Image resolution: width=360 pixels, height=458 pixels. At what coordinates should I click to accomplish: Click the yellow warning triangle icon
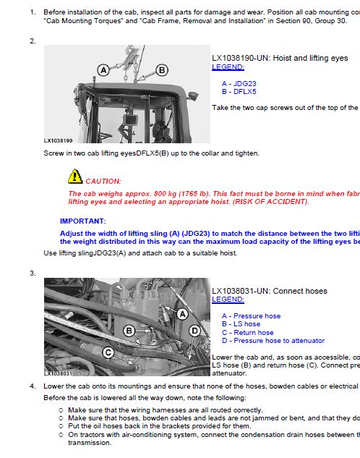pyautogui.click(x=75, y=176)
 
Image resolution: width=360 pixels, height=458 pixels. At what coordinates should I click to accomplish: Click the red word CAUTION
pyautogui.click(x=103, y=181)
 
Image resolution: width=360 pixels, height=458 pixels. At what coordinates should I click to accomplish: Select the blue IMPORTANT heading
pyautogui.click(x=82, y=221)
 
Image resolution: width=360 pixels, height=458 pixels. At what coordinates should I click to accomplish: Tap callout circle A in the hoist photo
pyautogui.click(x=103, y=70)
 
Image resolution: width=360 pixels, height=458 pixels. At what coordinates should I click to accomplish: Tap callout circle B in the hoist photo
pyautogui.click(x=162, y=69)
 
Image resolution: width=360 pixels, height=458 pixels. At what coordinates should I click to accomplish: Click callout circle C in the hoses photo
pyautogui.click(x=108, y=352)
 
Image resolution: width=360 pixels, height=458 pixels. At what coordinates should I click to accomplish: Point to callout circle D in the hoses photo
pyautogui.click(x=194, y=331)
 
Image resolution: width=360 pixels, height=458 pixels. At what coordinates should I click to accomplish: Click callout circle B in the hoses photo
pyautogui.click(x=129, y=331)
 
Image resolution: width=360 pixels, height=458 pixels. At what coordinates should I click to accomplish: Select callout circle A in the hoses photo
pyautogui.click(x=183, y=314)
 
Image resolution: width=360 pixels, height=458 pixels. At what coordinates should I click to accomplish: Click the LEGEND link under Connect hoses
pyautogui.click(x=228, y=299)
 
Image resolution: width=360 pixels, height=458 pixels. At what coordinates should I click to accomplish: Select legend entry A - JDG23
pyautogui.click(x=239, y=83)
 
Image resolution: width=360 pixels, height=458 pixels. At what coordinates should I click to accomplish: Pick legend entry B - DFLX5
pyautogui.click(x=239, y=92)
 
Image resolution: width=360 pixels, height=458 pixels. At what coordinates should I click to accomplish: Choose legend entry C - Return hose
pyautogui.click(x=247, y=332)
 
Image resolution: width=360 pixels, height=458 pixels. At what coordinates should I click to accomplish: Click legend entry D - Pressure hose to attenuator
pyautogui.click(x=273, y=341)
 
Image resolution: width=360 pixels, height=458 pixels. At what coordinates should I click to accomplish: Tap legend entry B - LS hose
pyautogui.click(x=241, y=324)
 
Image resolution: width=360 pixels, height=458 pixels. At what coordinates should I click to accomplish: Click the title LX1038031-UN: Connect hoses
pyautogui.click(x=269, y=291)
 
